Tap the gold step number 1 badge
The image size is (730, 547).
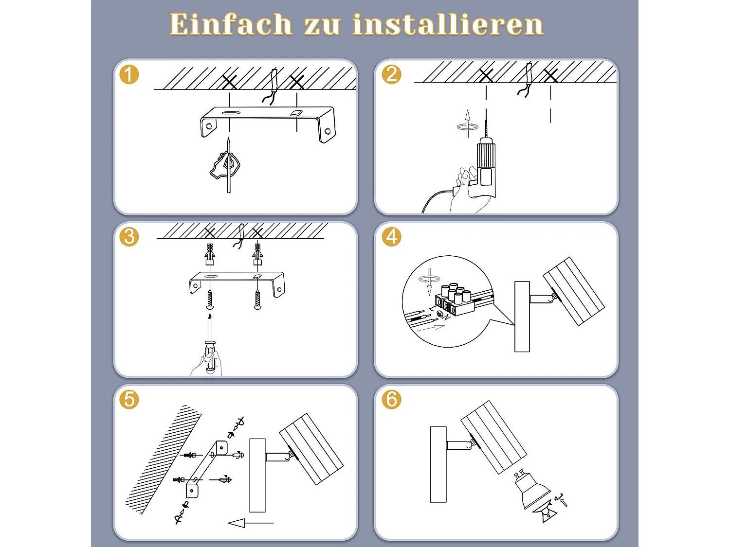[129, 74]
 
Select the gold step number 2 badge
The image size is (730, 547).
[391, 74]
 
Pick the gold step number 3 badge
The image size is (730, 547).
[129, 237]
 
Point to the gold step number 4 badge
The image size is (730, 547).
[391, 237]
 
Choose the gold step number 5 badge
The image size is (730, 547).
[129, 399]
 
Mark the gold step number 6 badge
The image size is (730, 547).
[391, 399]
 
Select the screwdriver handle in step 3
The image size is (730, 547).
[210, 357]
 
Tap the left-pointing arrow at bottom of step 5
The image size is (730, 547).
[251, 523]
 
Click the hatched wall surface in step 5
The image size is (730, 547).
[163, 460]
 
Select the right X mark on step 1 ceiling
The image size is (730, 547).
[297, 82]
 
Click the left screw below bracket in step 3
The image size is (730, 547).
[210, 300]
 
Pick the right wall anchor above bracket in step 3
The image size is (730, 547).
[257, 254]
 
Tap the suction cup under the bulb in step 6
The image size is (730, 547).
[546, 515]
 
